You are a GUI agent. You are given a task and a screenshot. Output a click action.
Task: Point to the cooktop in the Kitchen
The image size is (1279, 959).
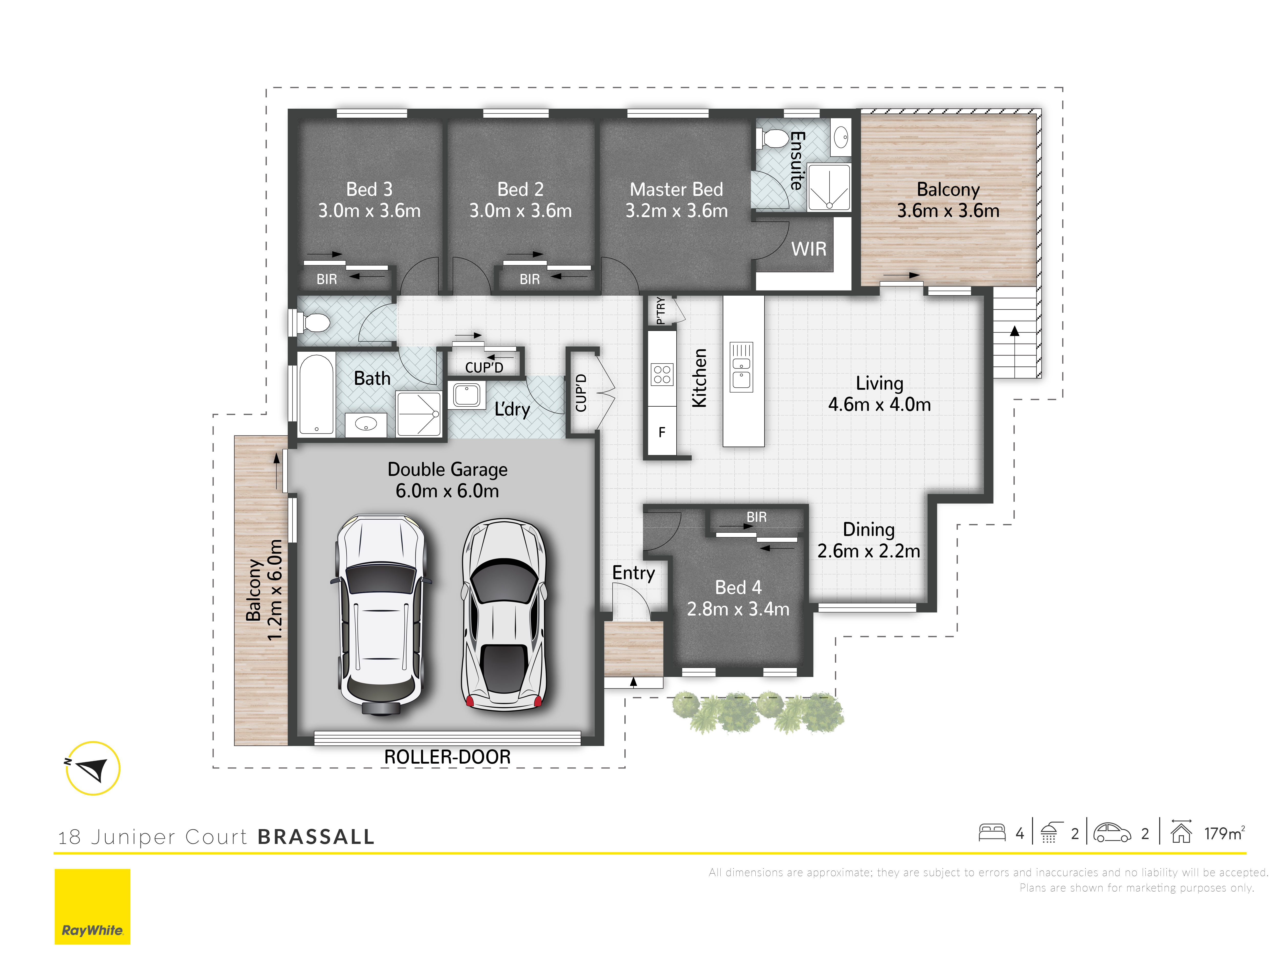(x=662, y=374)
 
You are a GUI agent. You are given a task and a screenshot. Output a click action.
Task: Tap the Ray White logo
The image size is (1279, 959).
(x=93, y=906)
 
